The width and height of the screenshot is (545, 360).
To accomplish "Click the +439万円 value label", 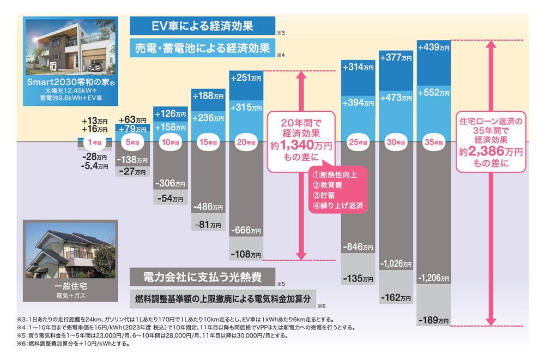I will coord(433,48).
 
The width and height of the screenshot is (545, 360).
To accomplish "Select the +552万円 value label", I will coord(433,93).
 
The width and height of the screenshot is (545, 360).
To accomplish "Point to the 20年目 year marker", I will coord(246,142).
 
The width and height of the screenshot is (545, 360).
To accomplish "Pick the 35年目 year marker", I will coord(433,142).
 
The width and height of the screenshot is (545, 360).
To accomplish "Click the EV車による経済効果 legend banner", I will coord(203,25).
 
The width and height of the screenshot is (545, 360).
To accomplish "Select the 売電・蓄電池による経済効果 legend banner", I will coord(203,48).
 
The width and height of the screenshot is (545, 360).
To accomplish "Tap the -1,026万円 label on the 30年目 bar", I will coord(396,263).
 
